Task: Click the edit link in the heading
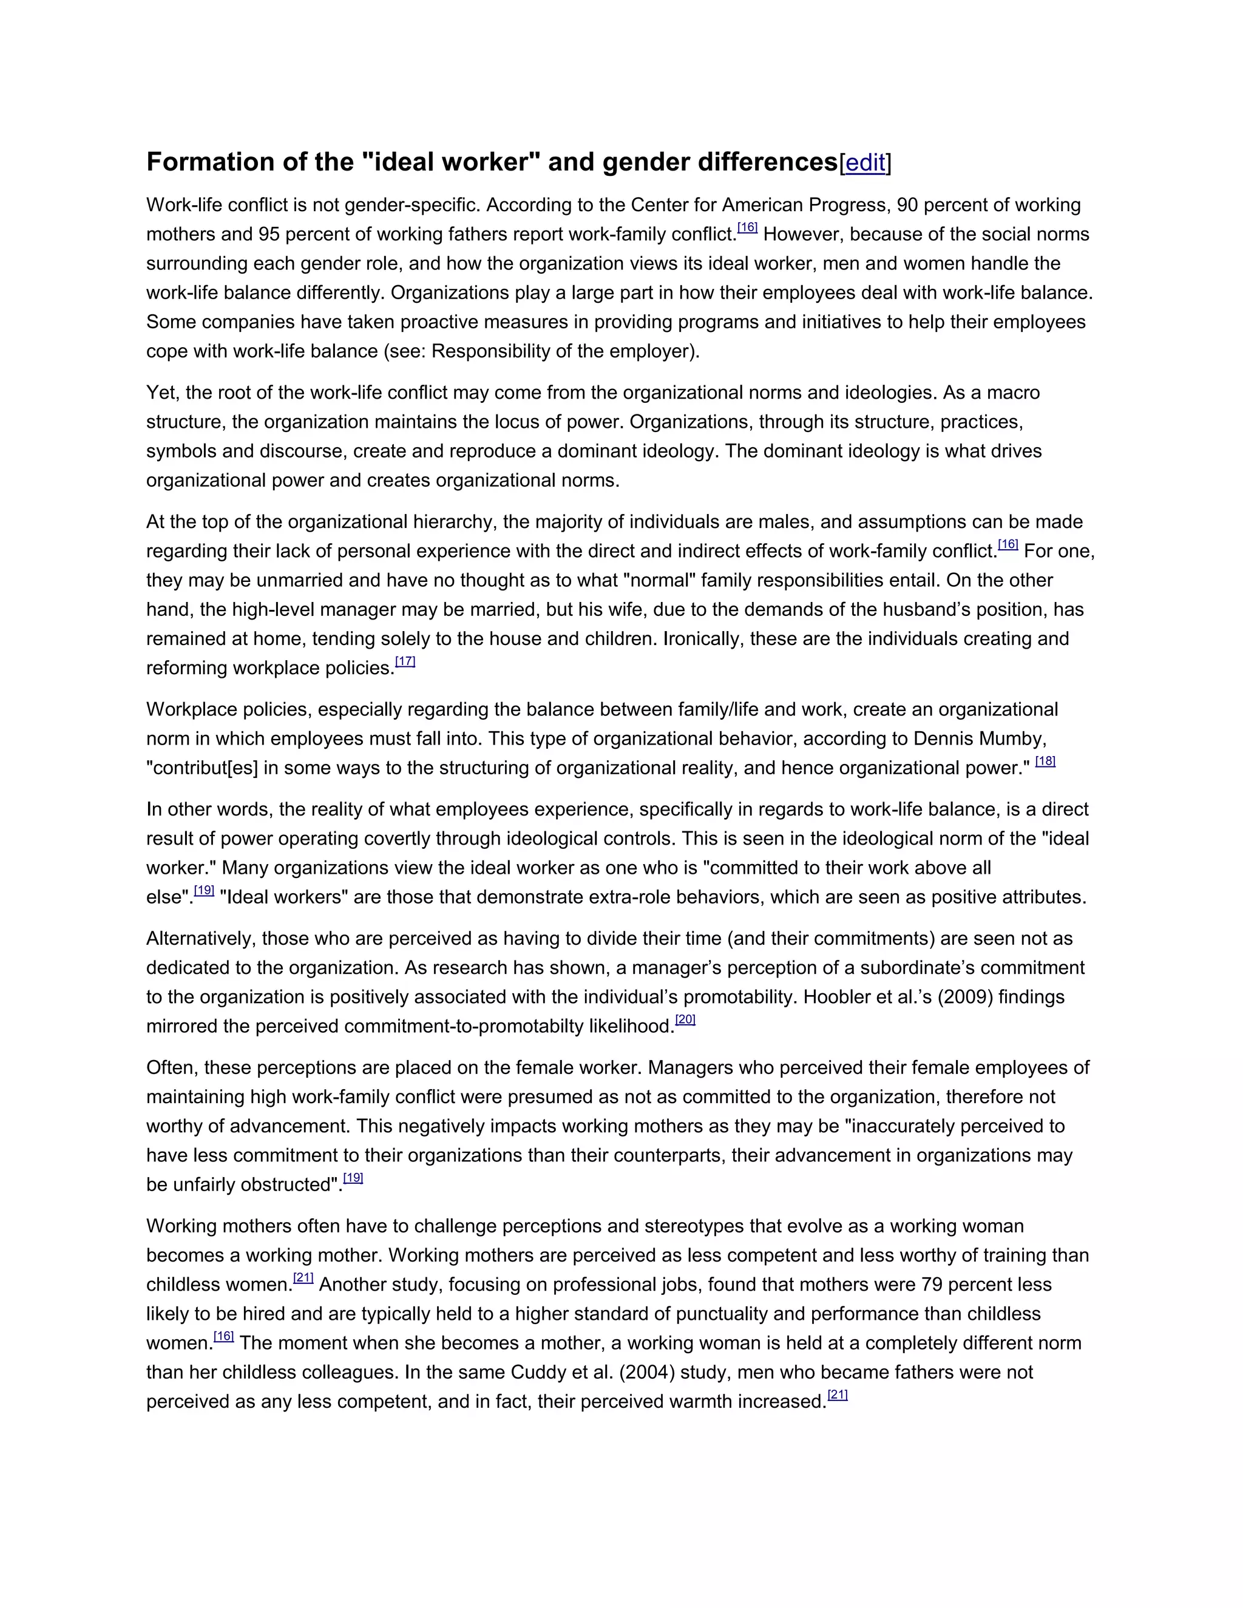click(x=865, y=163)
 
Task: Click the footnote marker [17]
click(x=405, y=661)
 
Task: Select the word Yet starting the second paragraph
click(x=162, y=393)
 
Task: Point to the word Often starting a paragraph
click(x=169, y=1067)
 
